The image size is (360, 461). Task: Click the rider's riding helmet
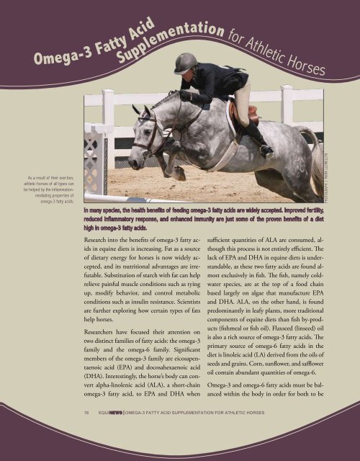[186, 63]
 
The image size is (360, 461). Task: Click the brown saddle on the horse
[248, 112]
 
